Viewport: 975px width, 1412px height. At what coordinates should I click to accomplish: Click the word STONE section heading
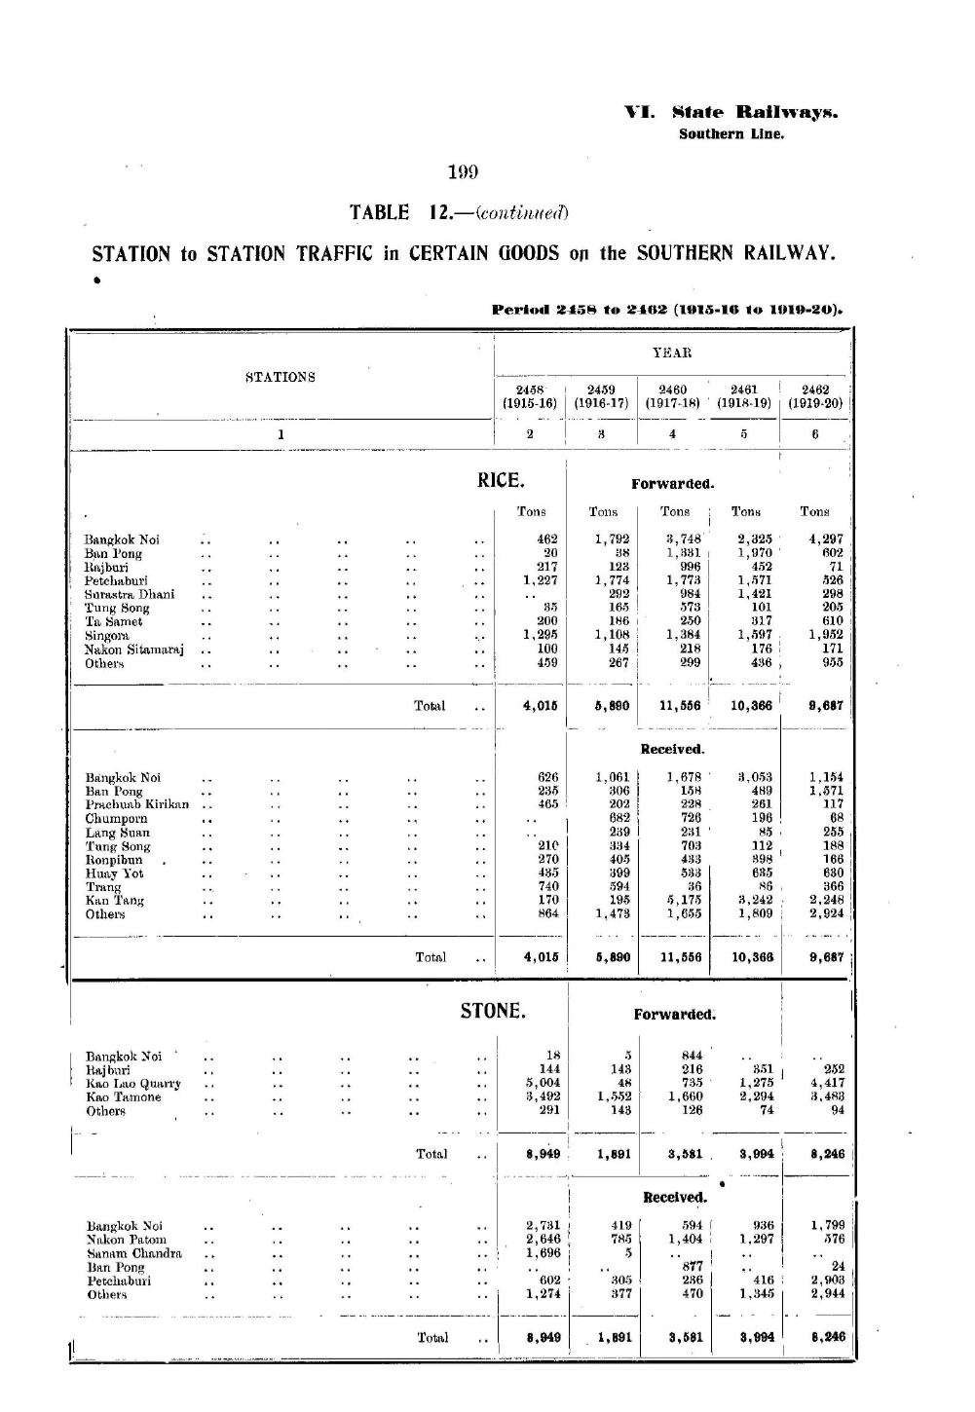coord(493,1011)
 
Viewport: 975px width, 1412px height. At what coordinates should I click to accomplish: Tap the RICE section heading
coord(501,480)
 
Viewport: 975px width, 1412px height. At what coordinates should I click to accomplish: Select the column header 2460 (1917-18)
coord(673,395)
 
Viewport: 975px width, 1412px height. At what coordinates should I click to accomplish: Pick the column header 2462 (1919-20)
coord(815,395)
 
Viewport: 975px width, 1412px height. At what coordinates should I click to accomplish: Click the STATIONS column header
coord(281,377)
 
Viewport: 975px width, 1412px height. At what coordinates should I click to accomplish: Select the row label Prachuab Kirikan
coord(136,805)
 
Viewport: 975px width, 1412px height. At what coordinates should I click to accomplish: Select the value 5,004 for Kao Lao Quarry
coord(541,1083)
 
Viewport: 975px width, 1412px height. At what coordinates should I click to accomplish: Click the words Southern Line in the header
coord(731,134)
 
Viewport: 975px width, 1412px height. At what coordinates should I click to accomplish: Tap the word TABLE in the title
coord(381,212)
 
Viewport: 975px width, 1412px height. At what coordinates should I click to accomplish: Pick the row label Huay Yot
coord(115,873)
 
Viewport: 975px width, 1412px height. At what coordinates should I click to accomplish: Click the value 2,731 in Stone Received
coord(541,1226)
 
